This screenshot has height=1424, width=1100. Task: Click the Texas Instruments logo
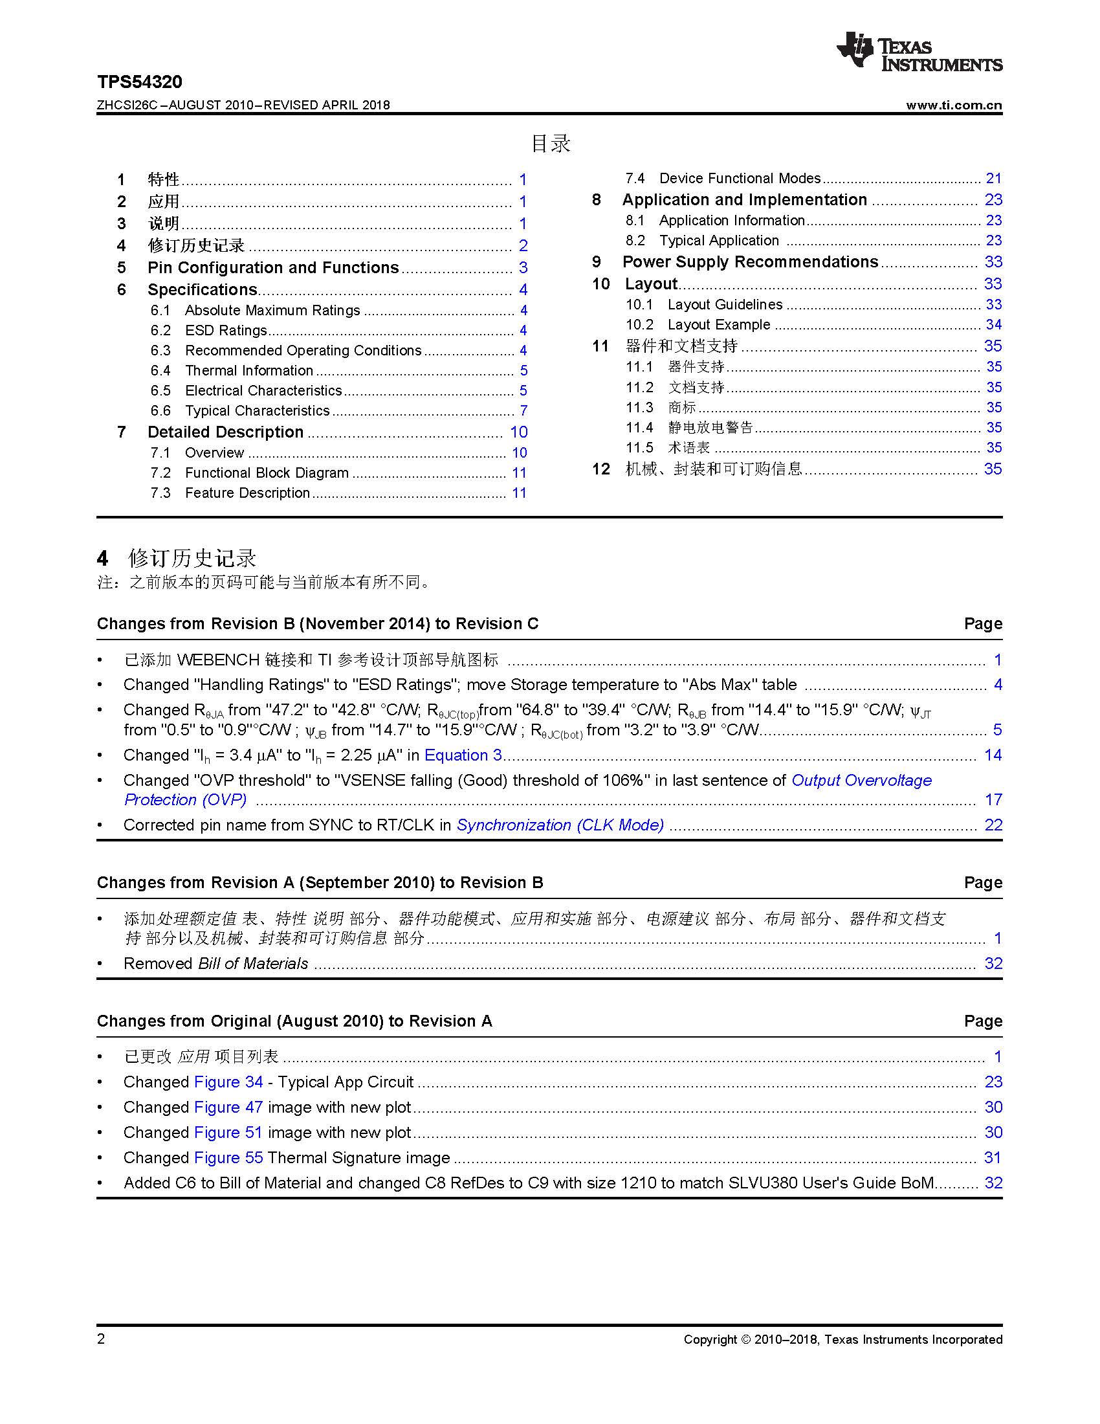point(919,52)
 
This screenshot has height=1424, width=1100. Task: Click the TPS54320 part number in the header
point(140,82)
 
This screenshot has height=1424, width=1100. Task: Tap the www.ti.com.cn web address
point(953,106)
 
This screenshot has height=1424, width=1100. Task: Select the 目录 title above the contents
point(551,144)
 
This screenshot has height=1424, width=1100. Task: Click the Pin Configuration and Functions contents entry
point(273,268)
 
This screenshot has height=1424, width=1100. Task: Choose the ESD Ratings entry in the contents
point(225,331)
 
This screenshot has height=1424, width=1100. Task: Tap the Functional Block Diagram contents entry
point(267,473)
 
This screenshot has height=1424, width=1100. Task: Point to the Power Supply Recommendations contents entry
point(750,262)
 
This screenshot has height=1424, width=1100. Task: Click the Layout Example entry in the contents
point(719,325)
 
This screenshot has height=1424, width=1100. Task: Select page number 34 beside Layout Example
point(993,325)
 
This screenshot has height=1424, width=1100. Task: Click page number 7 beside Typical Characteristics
point(523,411)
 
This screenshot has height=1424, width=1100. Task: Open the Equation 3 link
point(463,755)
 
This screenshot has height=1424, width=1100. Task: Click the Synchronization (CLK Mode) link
point(560,825)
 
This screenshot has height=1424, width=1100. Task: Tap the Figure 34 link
point(228,1082)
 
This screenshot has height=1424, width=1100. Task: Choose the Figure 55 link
point(228,1157)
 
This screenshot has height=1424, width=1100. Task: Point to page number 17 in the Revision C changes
point(993,799)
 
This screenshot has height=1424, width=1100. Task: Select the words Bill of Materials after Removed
point(253,963)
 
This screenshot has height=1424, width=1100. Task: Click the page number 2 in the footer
point(101,1339)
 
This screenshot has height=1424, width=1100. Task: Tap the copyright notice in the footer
point(842,1339)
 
